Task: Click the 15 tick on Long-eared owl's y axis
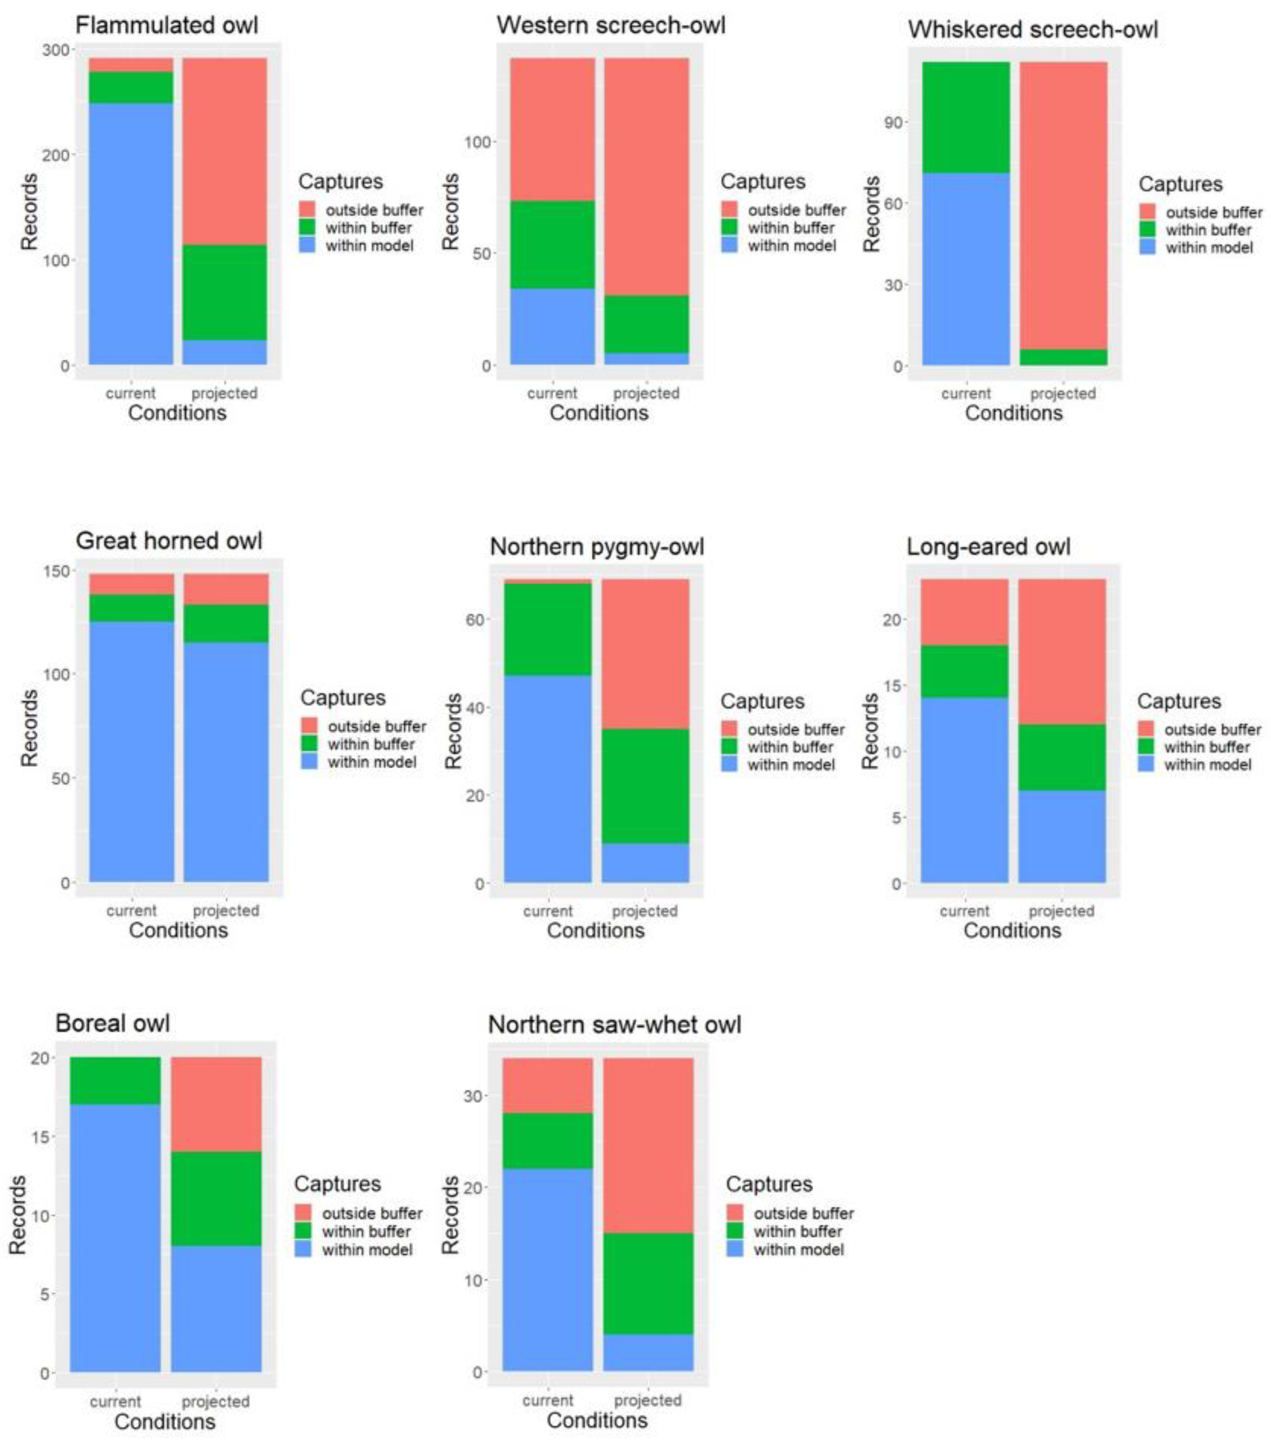tap(893, 685)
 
